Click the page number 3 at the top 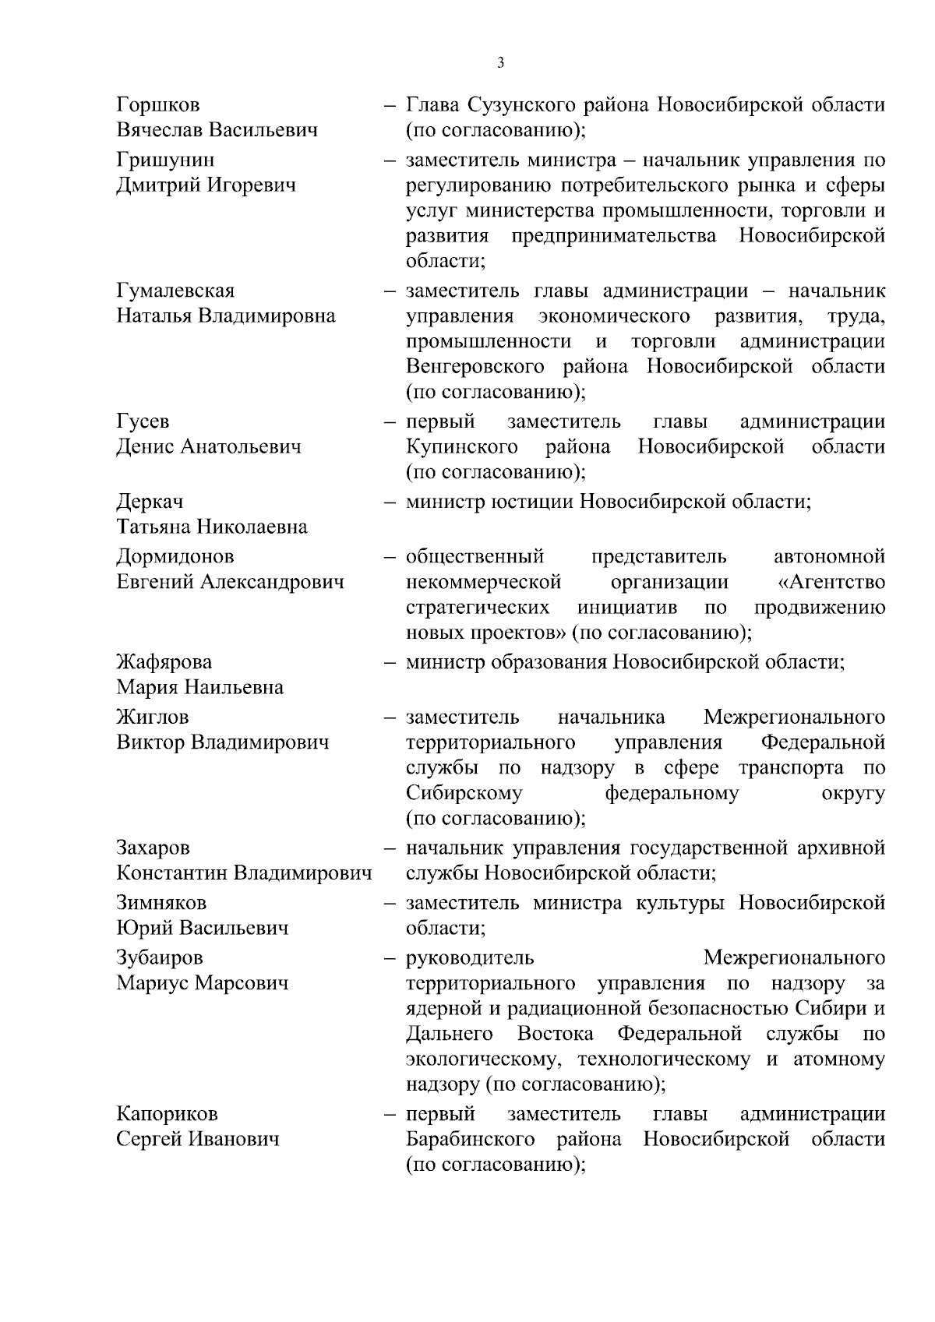[x=500, y=63]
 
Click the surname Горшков [x=157, y=104]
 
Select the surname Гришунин [x=165, y=160]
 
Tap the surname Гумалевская [x=175, y=291]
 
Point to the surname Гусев [x=143, y=422]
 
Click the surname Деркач [x=150, y=502]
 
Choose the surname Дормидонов [x=175, y=557]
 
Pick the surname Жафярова [x=164, y=663]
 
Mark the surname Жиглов [x=153, y=717]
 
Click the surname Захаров [x=153, y=848]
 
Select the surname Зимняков [x=161, y=904]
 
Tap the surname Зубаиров [x=160, y=958]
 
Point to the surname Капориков [x=167, y=1115]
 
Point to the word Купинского [x=462, y=447]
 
